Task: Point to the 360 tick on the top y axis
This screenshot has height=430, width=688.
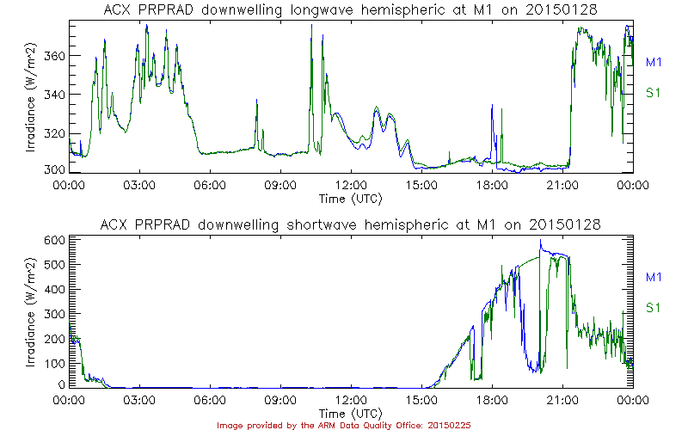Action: tap(52, 56)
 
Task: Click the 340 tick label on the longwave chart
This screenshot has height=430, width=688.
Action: tap(52, 95)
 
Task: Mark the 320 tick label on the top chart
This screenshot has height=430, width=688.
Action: tap(52, 133)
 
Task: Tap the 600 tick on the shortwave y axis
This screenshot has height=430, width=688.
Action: tap(52, 240)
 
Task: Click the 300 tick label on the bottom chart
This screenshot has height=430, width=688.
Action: tap(52, 314)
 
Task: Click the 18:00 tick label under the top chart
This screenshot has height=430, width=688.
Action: tap(492, 184)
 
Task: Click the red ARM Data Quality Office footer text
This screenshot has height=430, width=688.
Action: tap(343, 424)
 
